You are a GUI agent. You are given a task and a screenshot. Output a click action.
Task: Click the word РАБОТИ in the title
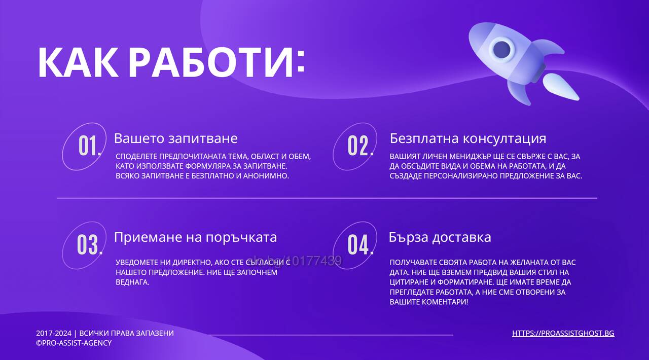tap(211, 62)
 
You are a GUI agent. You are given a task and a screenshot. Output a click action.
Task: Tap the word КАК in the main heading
tap(78, 62)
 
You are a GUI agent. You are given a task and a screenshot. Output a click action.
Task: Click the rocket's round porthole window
tap(501, 49)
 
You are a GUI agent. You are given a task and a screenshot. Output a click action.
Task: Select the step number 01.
tap(90, 146)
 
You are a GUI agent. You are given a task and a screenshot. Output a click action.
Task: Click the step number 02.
tap(360, 146)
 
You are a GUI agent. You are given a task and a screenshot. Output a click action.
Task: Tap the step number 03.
tap(90, 244)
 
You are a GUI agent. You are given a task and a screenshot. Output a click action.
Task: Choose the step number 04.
tap(360, 244)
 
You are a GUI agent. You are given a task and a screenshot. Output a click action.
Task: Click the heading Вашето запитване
tap(175, 138)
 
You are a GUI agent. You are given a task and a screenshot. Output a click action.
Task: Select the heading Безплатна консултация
tap(468, 138)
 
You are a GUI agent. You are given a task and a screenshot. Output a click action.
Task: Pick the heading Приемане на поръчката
tap(195, 237)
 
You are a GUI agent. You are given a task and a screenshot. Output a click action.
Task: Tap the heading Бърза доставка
tap(440, 237)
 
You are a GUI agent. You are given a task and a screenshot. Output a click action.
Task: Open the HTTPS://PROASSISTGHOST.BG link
tap(563, 333)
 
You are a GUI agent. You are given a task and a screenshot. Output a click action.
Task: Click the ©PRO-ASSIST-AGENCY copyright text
tap(74, 343)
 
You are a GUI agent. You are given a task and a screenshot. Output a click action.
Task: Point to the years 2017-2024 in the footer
tap(54, 333)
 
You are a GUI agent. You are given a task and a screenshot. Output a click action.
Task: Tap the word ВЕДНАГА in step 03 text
tap(132, 282)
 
